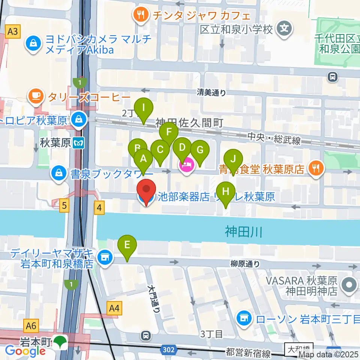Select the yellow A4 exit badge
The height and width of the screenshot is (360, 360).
pyautogui.click(x=114, y=309)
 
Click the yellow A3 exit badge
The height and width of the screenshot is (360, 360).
pyautogui.click(x=13, y=31)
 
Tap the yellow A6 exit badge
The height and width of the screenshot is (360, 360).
pyautogui.click(x=31, y=325)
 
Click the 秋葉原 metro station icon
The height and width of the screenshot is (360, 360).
pyautogui.click(x=78, y=142)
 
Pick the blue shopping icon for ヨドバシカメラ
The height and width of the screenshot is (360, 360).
pyautogui.click(x=33, y=44)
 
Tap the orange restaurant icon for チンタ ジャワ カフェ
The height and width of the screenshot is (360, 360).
pyautogui.click(x=141, y=15)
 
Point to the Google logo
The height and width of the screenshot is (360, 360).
pyautogui.click(x=25, y=351)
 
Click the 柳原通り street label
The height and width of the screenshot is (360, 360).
pyautogui.click(x=245, y=264)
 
